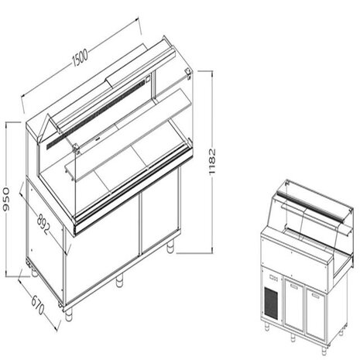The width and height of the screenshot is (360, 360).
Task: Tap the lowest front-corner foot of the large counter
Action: click(68, 314)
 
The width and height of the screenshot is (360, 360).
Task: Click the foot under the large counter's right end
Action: click(172, 249)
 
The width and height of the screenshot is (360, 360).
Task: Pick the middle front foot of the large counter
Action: click(120, 282)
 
